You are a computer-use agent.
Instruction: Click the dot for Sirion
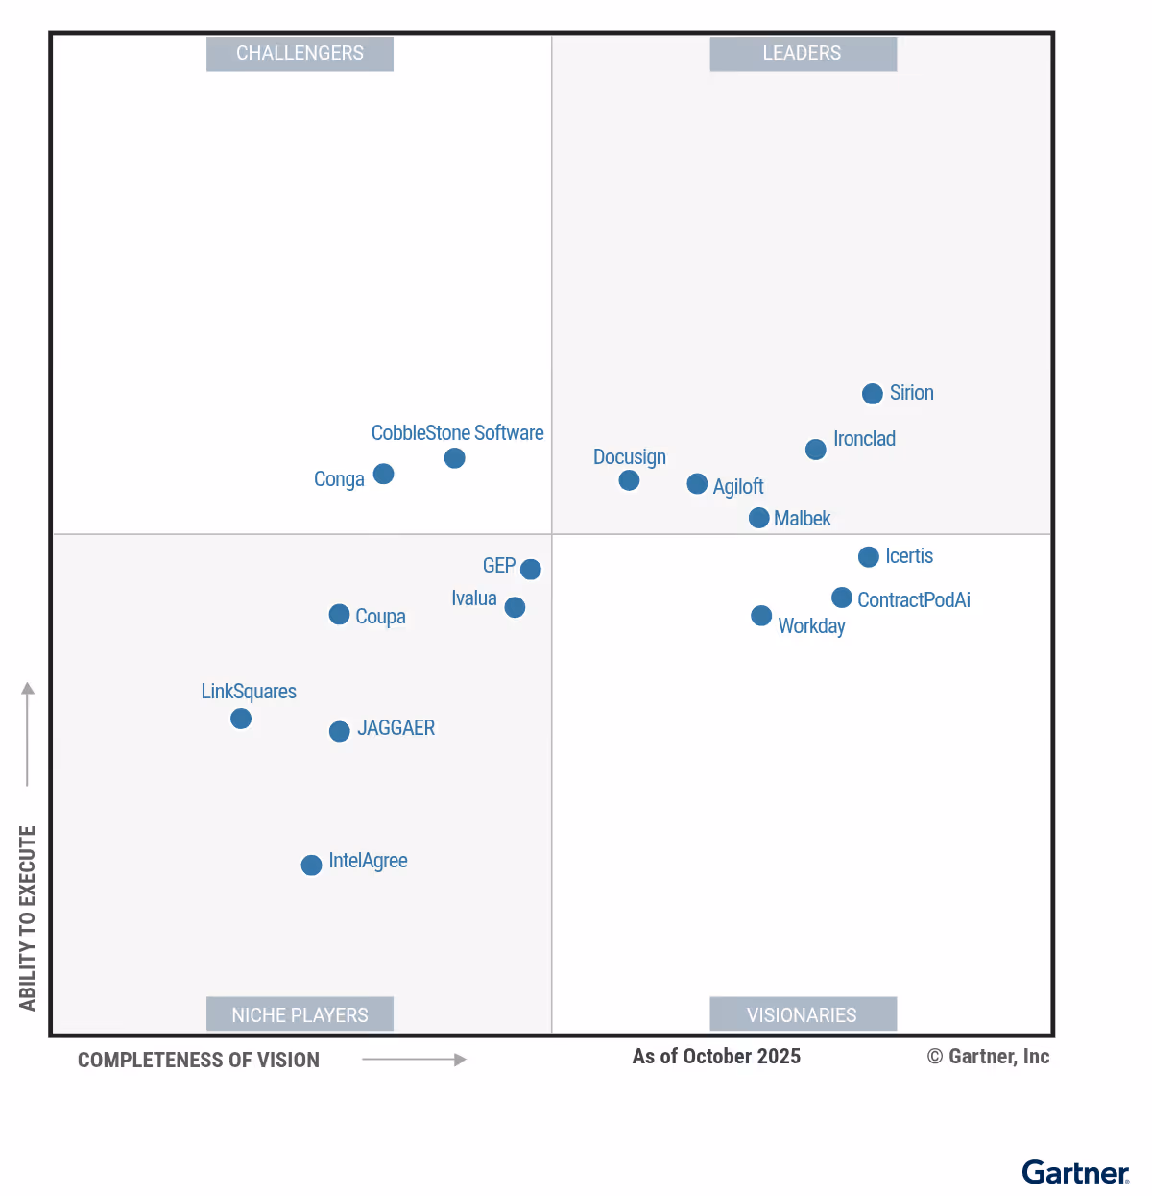point(872,394)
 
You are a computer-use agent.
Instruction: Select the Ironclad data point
point(815,450)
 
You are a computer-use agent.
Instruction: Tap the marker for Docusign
point(629,480)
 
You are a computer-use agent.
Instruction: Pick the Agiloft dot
point(697,484)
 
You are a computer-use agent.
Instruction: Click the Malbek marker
point(758,518)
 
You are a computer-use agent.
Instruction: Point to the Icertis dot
point(868,557)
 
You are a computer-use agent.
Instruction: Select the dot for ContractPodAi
point(841,598)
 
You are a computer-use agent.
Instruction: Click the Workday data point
point(760,616)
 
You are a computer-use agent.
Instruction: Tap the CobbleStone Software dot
point(454,458)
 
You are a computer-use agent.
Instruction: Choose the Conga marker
point(383,474)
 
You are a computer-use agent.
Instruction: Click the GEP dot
point(530,570)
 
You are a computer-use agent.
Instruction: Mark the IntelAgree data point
point(311,866)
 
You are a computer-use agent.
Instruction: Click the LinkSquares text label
point(249,692)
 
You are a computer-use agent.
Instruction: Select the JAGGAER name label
point(396,728)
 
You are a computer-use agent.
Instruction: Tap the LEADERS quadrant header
point(803,54)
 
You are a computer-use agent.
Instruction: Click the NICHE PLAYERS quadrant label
point(300,1014)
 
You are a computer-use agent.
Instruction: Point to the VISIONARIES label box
point(803,1014)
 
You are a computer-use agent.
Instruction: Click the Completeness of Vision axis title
point(199,1061)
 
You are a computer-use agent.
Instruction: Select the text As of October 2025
point(716,1057)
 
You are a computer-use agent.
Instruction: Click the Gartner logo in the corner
point(1075,1173)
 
